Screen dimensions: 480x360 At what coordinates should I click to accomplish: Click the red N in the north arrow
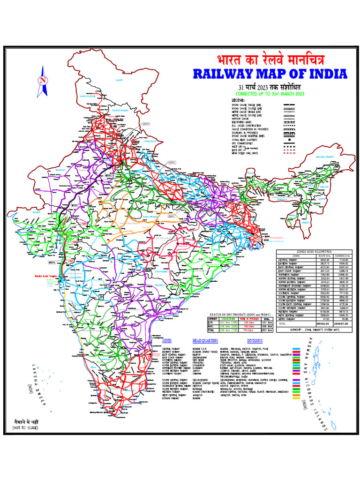[43, 80]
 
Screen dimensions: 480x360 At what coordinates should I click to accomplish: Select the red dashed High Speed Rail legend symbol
[291, 152]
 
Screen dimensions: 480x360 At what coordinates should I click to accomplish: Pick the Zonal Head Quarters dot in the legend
[291, 140]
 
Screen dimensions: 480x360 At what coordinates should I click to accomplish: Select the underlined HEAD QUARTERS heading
[206, 340]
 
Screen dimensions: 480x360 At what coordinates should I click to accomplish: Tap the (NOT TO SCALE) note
[25, 428]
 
